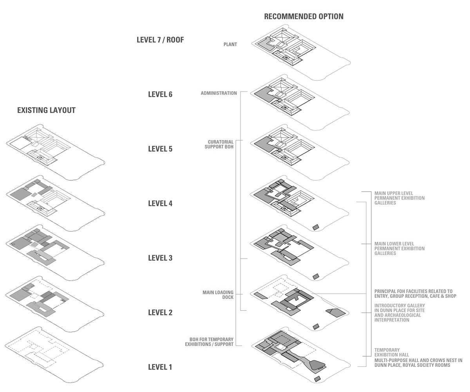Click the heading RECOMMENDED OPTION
point(304,16)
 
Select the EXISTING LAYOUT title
point(46,110)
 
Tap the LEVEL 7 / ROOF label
point(160,40)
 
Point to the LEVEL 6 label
point(160,94)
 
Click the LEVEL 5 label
point(160,149)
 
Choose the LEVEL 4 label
point(160,203)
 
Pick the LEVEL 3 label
point(160,258)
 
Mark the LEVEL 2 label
point(160,312)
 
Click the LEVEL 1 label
point(160,367)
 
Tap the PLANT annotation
point(230,45)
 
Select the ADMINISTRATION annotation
point(219,93)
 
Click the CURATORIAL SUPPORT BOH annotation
point(221,144)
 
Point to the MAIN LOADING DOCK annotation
point(218,295)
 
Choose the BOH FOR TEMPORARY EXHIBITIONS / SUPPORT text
point(211,342)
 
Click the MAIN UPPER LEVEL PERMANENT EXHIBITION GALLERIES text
point(399,198)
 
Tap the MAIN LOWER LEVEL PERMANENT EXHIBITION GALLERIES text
point(399,249)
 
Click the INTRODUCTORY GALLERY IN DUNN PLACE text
point(399,313)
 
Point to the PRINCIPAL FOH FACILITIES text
point(415,294)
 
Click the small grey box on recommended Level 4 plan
point(316,227)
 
